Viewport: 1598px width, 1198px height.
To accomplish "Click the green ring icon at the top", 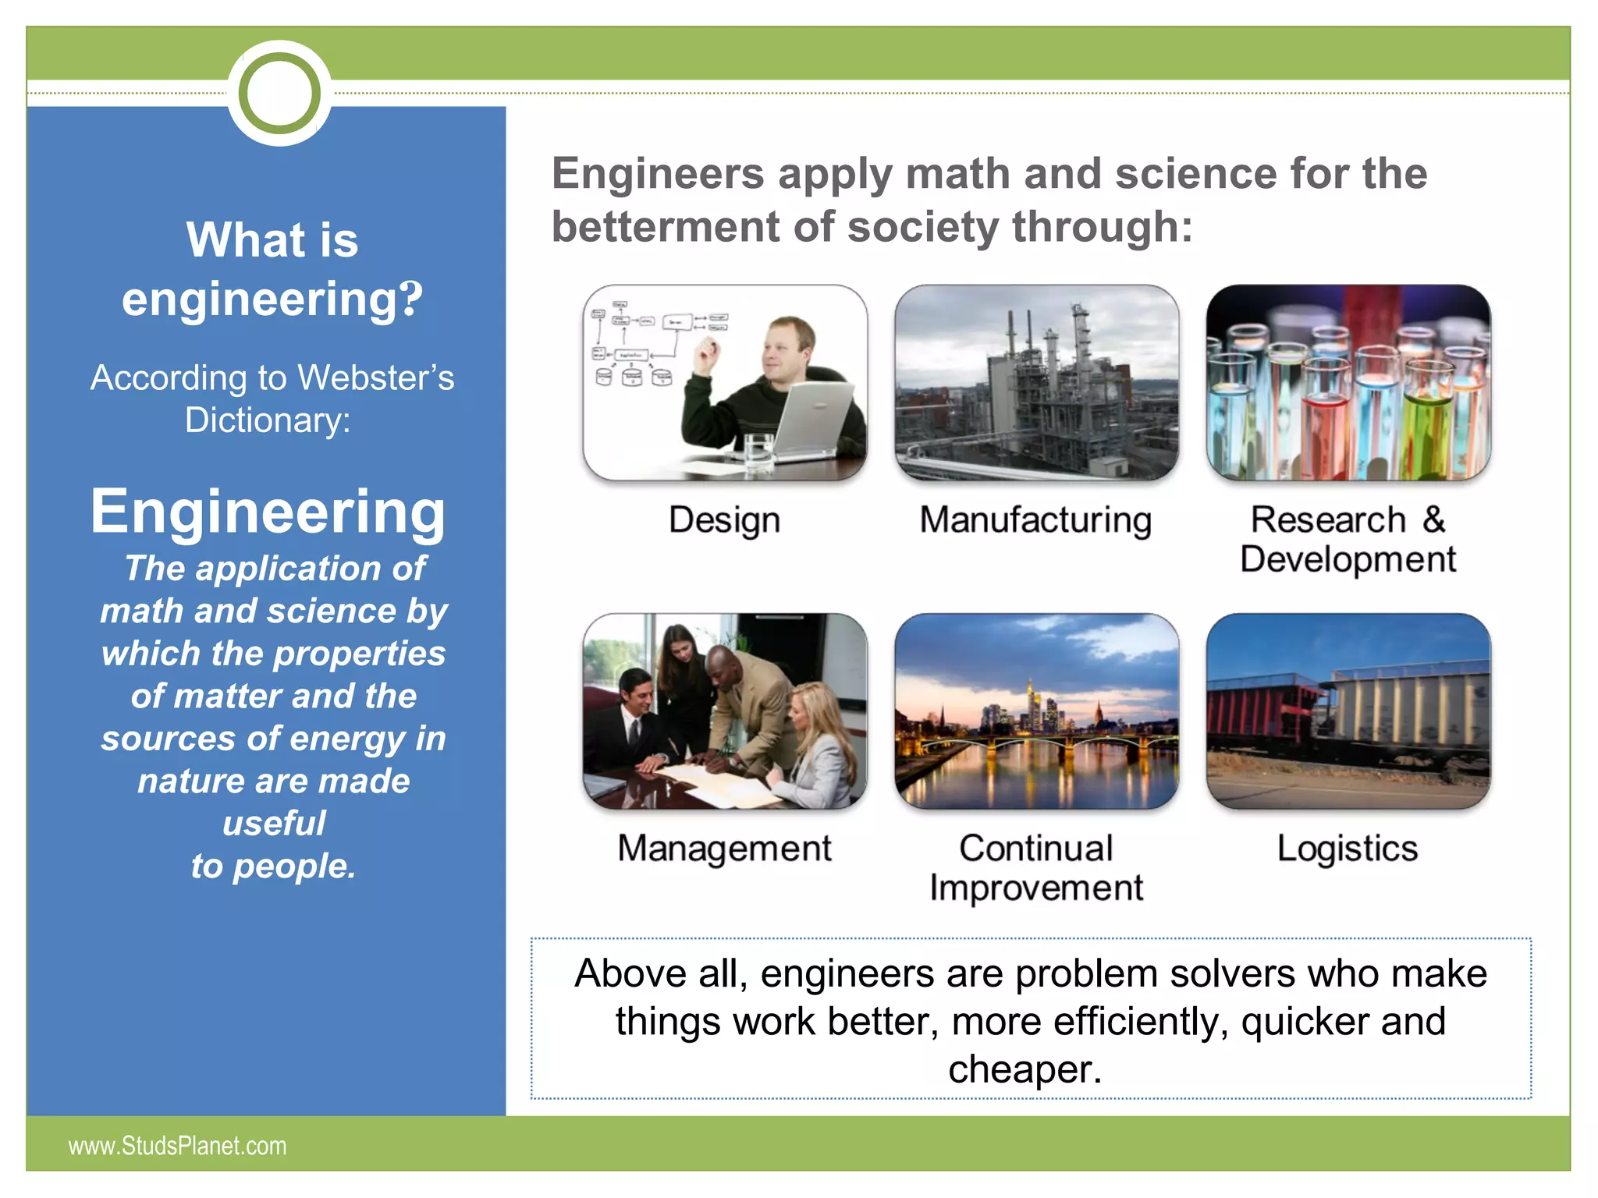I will (279, 94).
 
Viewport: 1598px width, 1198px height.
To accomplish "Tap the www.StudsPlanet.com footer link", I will (177, 1146).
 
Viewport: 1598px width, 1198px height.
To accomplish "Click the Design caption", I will (724, 520).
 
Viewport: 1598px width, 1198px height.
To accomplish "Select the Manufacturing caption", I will (1035, 520).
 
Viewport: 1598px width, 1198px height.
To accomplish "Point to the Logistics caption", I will (1347, 849).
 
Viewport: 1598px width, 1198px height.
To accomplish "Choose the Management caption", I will (724, 849).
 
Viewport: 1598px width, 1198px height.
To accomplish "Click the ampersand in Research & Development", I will (1433, 519).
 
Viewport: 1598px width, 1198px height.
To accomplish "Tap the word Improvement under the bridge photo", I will (1035, 888).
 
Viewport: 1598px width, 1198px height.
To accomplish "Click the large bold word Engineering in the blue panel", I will (268, 512).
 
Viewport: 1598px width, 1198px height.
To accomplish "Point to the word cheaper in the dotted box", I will (1024, 1069).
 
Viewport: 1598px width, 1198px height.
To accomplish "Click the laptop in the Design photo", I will (811, 413).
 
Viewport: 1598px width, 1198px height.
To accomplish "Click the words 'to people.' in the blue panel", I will (273, 867).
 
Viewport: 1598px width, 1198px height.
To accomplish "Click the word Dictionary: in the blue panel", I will (268, 420).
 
